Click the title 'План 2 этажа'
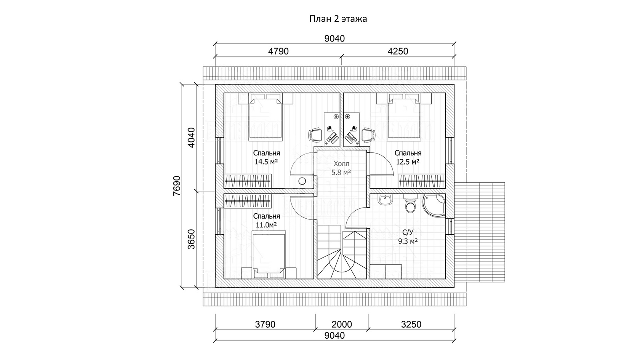pyautogui.click(x=338, y=19)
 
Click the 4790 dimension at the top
pyautogui.click(x=278, y=51)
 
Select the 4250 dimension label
pyautogui.click(x=398, y=51)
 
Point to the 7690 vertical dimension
pyautogui.click(x=177, y=186)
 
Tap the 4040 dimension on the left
pyautogui.click(x=191, y=138)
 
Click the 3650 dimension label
pyautogui.click(x=191, y=239)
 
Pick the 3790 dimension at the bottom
pyautogui.click(x=265, y=324)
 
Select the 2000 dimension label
pyautogui.click(x=342, y=324)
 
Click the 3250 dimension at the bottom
pyautogui.click(x=411, y=324)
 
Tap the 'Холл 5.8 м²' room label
pyautogui.click(x=341, y=168)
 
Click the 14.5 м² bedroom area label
pyautogui.click(x=266, y=162)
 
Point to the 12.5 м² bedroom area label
pyautogui.click(x=408, y=162)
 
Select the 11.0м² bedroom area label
pyautogui.click(x=266, y=225)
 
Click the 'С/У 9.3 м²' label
pyautogui.click(x=408, y=237)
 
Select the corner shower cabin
pyautogui.click(x=434, y=205)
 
